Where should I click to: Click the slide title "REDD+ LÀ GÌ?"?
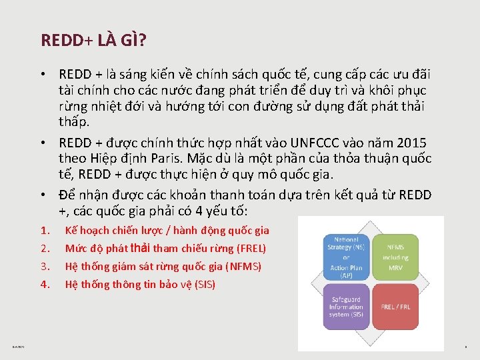point(94,41)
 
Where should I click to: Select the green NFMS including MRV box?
point(395,257)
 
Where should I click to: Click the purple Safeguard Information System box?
point(346,307)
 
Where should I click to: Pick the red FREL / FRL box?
point(395,307)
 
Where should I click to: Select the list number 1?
point(45,231)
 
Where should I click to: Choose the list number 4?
point(45,285)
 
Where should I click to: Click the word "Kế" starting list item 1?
point(71,231)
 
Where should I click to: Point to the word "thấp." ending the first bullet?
point(74,122)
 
